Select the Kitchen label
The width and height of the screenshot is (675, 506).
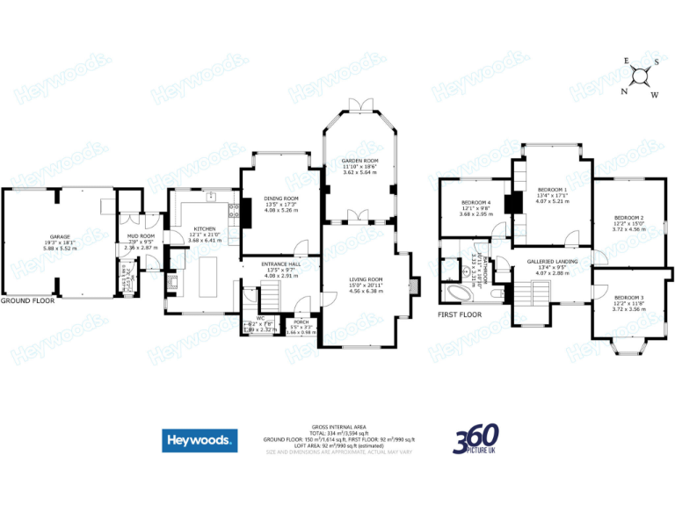(205, 229)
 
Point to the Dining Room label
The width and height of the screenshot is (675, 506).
(282, 199)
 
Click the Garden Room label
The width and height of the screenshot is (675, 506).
(359, 162)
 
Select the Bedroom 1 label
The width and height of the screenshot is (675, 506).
(552, 190)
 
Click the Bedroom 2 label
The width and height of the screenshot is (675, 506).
(629, 217)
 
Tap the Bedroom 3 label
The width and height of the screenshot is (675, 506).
(629, 298)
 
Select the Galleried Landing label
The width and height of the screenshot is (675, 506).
(552, 261)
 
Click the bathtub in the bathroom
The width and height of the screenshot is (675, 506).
(459, 293)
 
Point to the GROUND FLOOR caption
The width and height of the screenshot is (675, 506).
(27, 300)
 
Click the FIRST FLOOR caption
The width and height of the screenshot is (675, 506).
(461, 314)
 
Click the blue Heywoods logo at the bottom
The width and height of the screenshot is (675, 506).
(199, 439)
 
